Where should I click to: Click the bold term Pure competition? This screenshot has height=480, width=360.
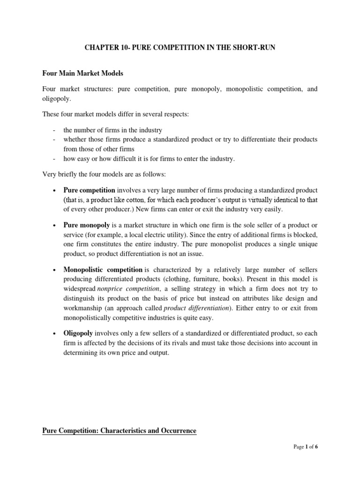click(x=89, y=190)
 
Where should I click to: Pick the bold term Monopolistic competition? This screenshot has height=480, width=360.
click(x=103, y=270)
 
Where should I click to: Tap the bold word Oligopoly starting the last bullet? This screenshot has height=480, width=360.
click(x=78, y=333)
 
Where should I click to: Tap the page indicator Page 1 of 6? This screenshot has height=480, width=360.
click(x=306, y=460)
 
